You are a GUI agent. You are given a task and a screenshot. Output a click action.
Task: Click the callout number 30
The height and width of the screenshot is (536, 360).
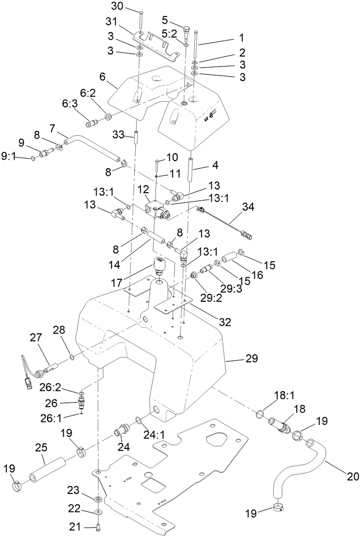pyautogui.click(x=117, y=7)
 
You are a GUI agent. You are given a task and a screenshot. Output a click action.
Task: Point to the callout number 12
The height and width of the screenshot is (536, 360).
pyautogui.click(x=143, y=189)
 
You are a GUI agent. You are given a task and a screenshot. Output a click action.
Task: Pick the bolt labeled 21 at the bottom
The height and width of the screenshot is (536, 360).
pyautogui.click(x=98, y=526)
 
